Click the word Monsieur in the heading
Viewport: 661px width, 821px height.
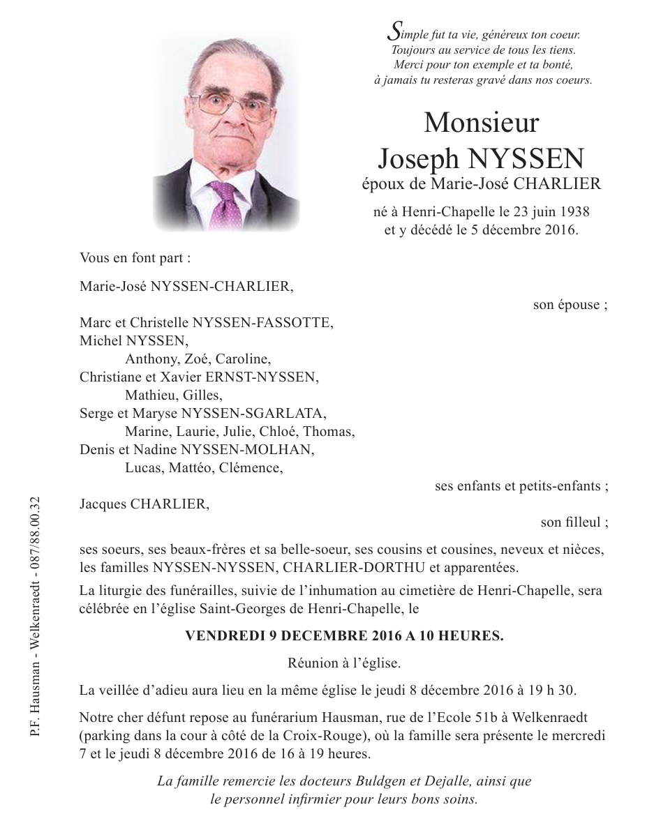(x=481, y=123)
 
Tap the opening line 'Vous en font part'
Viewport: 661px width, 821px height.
(x=135, y=257)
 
